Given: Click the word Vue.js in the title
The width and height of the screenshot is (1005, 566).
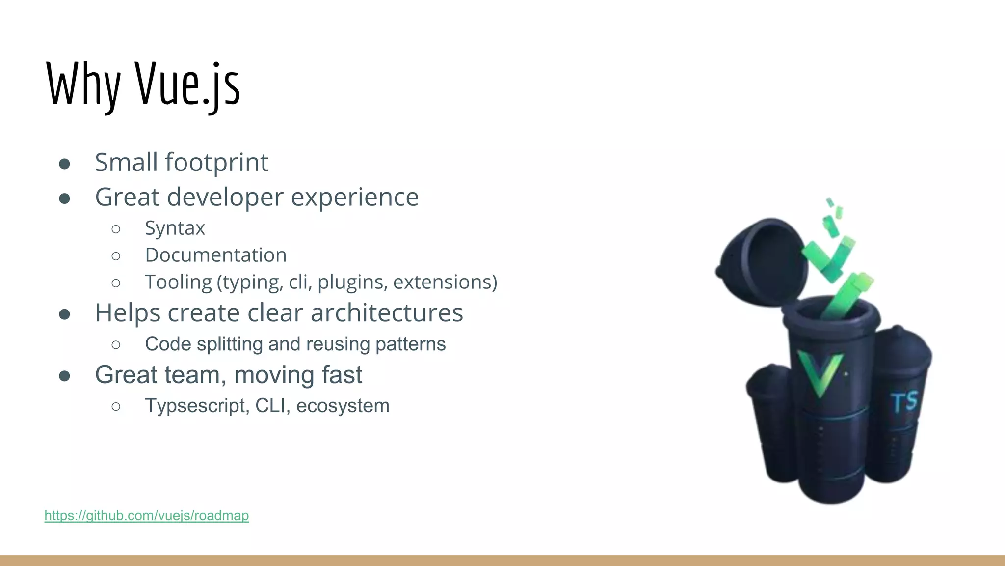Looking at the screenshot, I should (187, 85).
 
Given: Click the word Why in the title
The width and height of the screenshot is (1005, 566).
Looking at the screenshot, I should (83, 85).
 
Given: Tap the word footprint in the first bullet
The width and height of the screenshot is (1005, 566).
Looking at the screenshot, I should (216, 163).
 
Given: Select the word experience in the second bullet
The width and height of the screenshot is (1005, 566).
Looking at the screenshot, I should (355, 198).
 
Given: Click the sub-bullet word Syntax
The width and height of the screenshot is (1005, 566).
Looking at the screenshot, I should (175, 228).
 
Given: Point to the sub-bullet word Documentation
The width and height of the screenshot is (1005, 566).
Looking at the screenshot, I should (215, 255).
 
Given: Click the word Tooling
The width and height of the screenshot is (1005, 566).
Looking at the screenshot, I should (178, 283).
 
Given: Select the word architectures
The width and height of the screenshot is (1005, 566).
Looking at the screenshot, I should (387, 313).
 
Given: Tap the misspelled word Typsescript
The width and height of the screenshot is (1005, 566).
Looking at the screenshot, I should (197, 406).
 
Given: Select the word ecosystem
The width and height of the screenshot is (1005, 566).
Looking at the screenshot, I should (343, 406).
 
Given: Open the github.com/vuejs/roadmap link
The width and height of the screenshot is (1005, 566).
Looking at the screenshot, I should (147, 515).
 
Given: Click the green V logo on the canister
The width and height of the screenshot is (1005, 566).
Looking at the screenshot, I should (820, 372).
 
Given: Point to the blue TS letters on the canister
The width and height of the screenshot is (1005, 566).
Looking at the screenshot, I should (904, 402).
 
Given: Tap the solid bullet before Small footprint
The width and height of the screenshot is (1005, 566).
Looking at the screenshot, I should (64, 164).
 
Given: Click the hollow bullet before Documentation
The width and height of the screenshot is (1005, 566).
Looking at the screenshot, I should (116, 256).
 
